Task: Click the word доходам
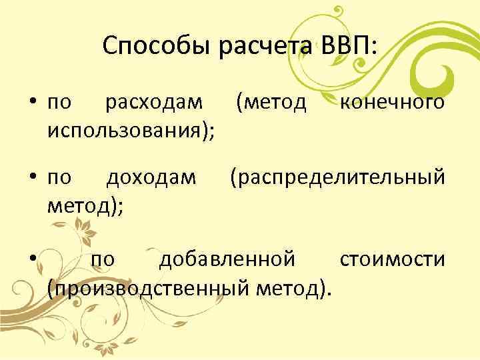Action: [152, 178]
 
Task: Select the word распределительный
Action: [336, 178]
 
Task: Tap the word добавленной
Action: [227, 259]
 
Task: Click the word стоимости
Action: [392, 259]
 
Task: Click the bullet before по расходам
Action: [31, 104]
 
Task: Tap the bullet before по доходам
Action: [31, 179]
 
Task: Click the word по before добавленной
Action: [103, 259]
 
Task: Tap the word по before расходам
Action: [59, 104]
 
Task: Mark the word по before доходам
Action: [59, 179]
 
